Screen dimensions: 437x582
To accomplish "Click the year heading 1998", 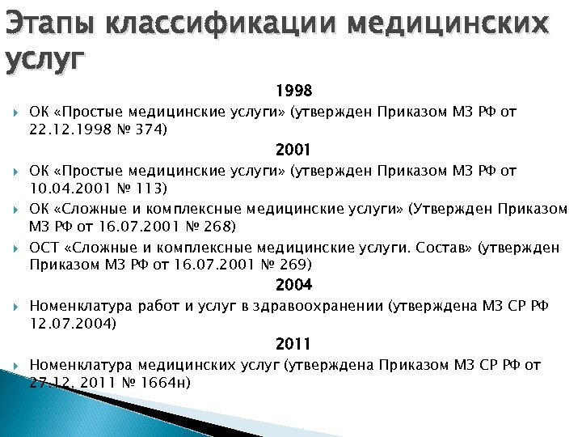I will (293, 89).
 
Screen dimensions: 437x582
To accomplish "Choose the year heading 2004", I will (293, 285).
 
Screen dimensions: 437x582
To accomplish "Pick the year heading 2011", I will (293, 344).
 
